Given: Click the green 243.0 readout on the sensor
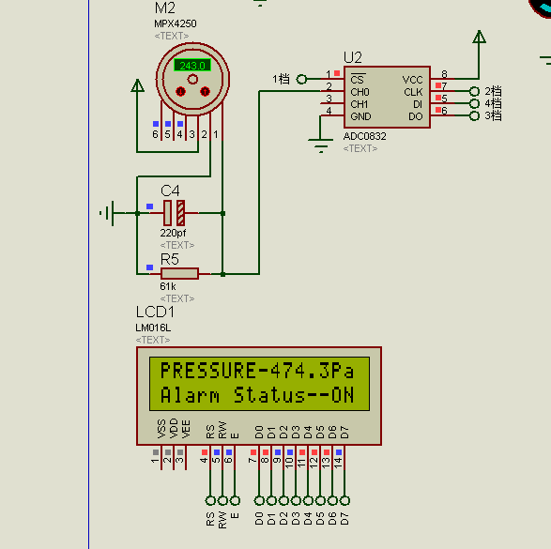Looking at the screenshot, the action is tap(192, 66).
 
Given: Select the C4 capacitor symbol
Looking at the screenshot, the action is tap(175, 213).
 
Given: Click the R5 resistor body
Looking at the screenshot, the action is tap(179, 274).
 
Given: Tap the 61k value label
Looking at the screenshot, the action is tap(168, 286).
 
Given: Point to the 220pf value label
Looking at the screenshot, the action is tap(173, 233).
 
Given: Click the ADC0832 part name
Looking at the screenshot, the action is tap(364, 136).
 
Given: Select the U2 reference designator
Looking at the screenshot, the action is tap(352, 57).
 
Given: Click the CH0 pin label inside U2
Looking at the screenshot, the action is tap(360, 92).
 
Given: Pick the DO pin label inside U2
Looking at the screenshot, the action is tap(415, 116).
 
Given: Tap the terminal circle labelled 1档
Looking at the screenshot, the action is tap(301, 80).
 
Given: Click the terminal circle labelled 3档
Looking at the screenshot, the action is tap(474, 115).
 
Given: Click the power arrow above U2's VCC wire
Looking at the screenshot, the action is tap(479, 37).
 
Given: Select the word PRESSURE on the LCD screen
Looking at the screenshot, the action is tap(208, 371).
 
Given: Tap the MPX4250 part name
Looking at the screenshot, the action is tap(175, 23).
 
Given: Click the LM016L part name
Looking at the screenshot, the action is tap(153, 328).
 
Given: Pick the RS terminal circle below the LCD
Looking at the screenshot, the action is tap(210, 500).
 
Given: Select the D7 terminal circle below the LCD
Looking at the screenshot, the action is tap(344, 500).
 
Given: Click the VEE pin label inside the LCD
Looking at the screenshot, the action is tap(186, 429).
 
